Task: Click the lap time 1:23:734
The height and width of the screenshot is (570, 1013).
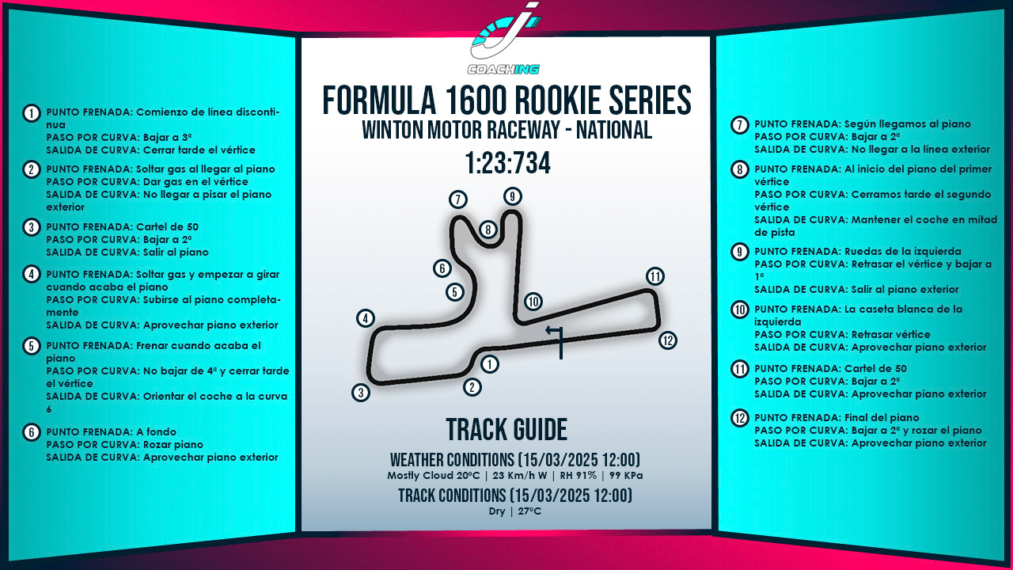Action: click(x=506, y=164)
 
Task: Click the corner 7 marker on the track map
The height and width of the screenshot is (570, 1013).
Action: click(x=457, y=199)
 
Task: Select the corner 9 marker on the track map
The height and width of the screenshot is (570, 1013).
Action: click(x=513, y=196)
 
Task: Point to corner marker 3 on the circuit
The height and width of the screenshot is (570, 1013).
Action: click(x=361, y=393)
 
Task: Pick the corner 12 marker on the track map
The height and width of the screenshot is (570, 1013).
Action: click(x=668, y=340)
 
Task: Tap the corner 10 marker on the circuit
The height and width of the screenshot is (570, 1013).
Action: click(x=533, y=302)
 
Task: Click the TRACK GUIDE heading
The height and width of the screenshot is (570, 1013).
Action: click(x=506, y=430)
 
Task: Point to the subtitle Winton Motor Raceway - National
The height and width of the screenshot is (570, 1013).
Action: click(x=506, y=131)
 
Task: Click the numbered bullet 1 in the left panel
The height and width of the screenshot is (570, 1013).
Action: click(x=31, y=113)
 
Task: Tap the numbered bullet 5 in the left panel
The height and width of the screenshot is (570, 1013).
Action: click(x=31, y=346)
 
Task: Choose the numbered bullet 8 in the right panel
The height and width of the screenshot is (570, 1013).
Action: click(x=739, y=169)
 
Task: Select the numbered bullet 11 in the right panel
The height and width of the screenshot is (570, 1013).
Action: click(x=739, y=369)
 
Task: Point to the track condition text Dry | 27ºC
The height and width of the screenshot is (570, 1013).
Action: click(x=514, y=511)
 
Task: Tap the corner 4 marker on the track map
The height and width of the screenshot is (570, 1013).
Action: click(x=365, y=318)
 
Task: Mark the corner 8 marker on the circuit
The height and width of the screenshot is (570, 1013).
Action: click(x=488, y=230)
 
